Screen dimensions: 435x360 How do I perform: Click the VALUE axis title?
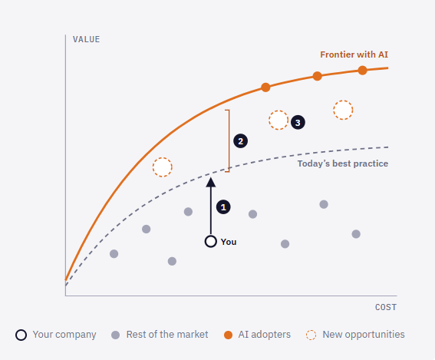pos(86,39)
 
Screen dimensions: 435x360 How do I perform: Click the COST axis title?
pos(386,307)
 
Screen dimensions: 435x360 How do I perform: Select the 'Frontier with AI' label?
pos(354,54)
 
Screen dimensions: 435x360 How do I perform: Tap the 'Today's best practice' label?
pos(343,163)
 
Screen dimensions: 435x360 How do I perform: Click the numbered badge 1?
pos(223,207)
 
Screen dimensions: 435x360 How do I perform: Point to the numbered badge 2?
pos(241,141)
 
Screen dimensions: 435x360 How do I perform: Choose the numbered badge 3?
pos(298,122)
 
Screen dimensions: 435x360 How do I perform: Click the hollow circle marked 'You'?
pos(211,242)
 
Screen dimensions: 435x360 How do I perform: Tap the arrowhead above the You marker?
pos(211,182)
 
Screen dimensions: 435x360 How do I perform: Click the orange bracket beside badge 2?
pos(229,141)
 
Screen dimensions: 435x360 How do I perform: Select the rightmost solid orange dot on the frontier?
pos(362,71)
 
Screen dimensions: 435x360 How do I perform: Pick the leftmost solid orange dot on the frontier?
pos(265,88)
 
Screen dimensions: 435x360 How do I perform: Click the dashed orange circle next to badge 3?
pos(278,120)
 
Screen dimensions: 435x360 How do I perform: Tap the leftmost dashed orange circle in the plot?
pos(163,167)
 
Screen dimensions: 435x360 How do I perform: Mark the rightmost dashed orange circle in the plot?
pos(343,111)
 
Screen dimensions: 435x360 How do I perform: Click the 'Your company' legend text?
pos(64,335)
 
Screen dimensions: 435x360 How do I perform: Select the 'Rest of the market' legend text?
pos(167,335)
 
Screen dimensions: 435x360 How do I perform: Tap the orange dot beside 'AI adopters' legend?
pos(228,335)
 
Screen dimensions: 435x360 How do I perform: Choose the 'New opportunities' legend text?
pos(364,335)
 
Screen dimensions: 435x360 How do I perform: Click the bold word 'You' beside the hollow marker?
pos(229,242)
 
